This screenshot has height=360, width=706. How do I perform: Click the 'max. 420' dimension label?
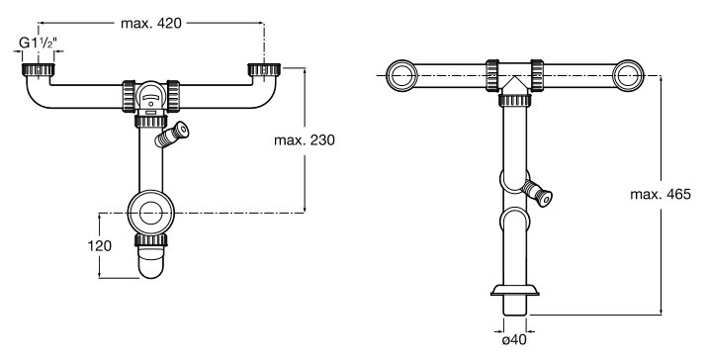click(151, 24)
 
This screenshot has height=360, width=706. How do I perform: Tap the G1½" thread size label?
click(38, 44)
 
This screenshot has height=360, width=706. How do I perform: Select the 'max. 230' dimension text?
click(305, 140)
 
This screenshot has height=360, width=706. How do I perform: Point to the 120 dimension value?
click(99, 246)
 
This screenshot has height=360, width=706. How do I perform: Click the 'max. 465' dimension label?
click(661, 194)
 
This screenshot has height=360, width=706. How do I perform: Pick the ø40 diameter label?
click(514, 339)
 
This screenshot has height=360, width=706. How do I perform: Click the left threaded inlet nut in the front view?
click(39, 69)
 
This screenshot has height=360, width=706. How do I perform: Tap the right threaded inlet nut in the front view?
click(264, 69)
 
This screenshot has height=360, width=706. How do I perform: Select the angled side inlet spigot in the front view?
click(171, 135)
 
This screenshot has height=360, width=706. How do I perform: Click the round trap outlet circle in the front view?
click(151, 213)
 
